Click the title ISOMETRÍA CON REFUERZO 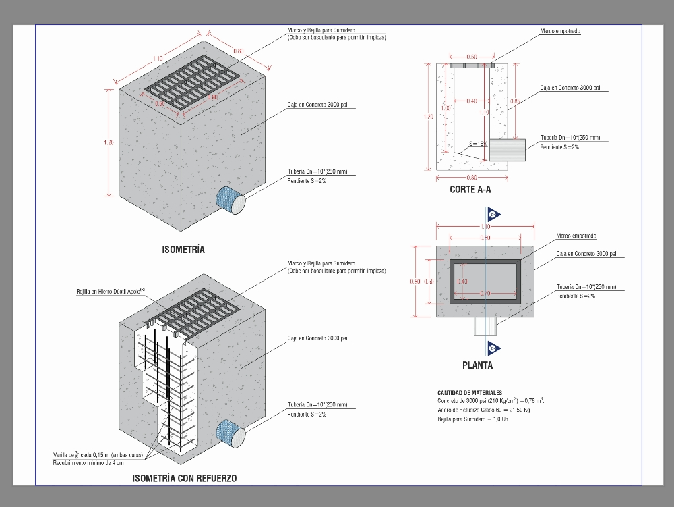[x=185, y=479]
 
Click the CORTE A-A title [x=470, y=190]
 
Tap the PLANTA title [x=477, y=365]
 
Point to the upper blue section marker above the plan [x=492, y=215]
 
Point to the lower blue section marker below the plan [x=492, y=348]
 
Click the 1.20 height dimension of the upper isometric [x=109, y=142]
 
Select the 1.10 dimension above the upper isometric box [x=158, y=59]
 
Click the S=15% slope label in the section [x=479, y=144]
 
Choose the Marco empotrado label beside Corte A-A [x=560, y=31]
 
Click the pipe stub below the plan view [x=485, y=326]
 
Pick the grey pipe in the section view [x=507, y=149]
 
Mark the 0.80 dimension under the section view [x=471, y=178]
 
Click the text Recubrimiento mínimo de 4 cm [x=88, y=463]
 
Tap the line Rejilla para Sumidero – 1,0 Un [x=472, y=420]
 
